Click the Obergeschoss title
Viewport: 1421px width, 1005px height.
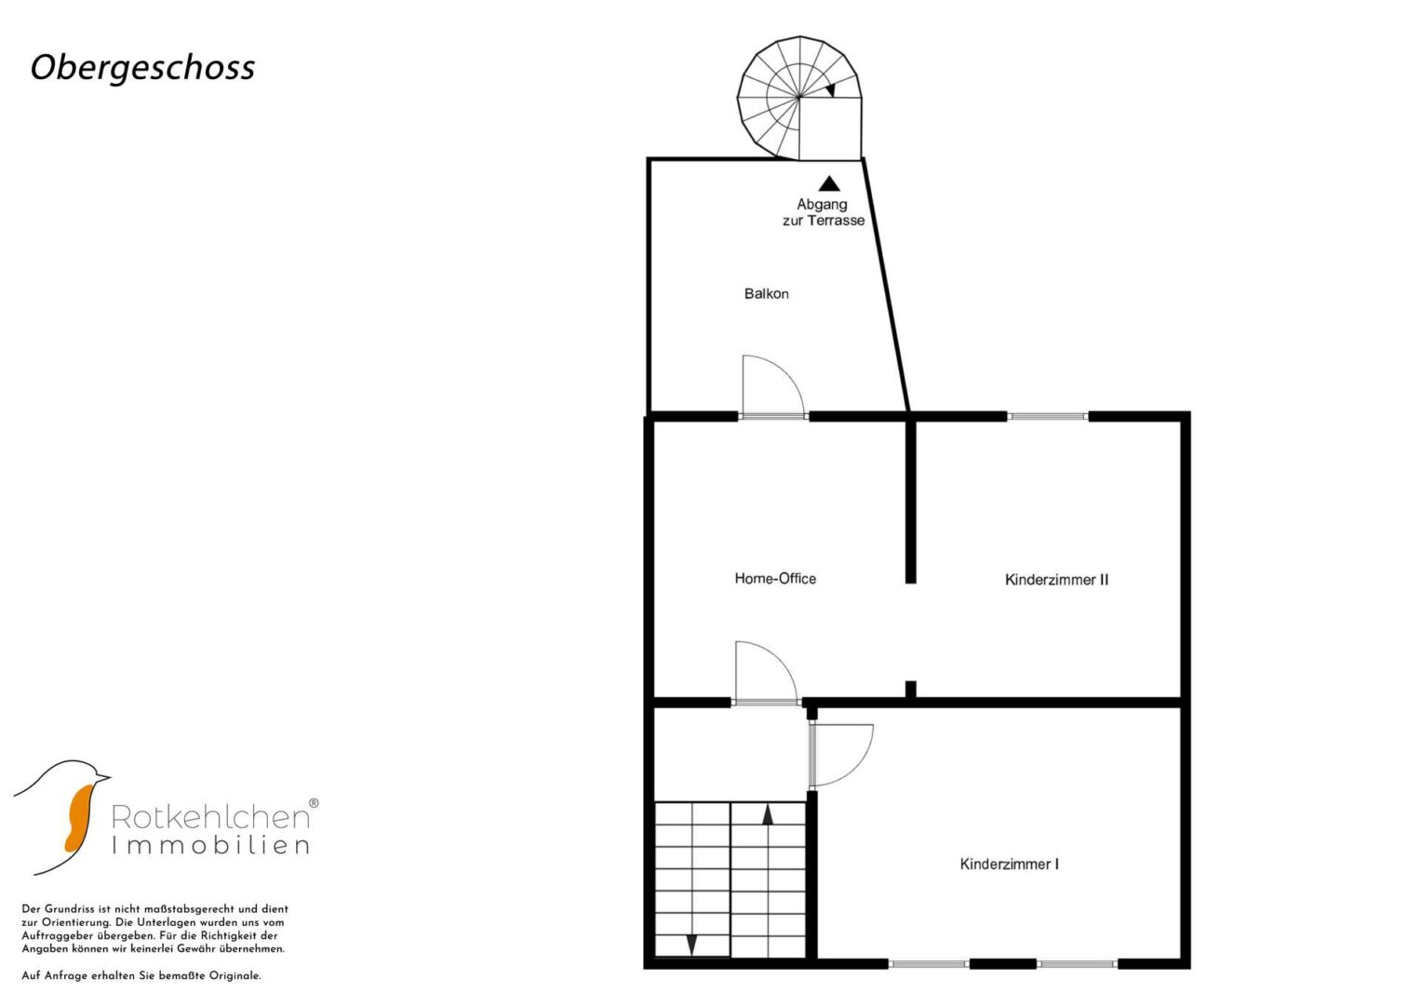[142, 68]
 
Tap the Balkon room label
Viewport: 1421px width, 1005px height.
[766, 294]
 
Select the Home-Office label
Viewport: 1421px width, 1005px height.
[775, 578]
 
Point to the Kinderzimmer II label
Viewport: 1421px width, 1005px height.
[1057, 579]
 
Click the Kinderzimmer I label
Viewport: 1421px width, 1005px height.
[1010, 864]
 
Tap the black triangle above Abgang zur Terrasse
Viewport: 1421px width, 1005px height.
[829, 184]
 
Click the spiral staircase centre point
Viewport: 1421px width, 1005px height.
[799, 97]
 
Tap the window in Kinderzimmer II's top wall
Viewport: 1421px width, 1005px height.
[1047, 417]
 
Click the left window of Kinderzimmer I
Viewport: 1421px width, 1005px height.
[928, 964]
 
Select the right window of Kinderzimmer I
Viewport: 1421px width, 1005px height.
[1078, 964]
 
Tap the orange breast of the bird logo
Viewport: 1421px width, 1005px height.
[79, 817]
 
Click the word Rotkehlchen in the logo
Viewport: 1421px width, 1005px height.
[210, 817]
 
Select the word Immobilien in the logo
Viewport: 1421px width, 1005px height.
[210, 846]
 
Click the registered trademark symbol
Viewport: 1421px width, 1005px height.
[314, 803]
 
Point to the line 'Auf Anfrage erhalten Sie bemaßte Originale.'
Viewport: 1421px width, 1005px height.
[141, 976]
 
